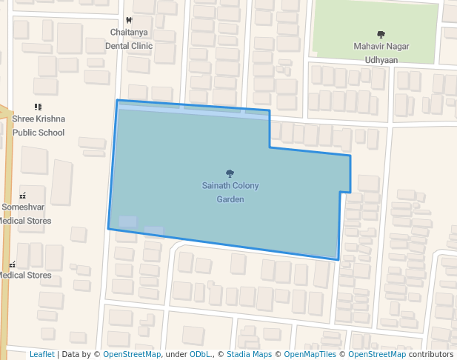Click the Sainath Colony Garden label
pos(230,193)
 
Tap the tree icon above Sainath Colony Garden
pos(230,173)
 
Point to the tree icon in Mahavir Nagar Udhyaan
pos(381,34)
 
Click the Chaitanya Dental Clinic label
pos(131,39)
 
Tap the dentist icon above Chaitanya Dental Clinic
pos(130,20)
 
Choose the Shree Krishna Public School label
pos(39,126)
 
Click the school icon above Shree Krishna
pos(38,107)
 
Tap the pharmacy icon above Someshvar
pos(22,196)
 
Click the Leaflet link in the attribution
pos(41,354)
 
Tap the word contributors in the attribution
pos(430,354)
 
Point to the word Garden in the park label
pos(230,199)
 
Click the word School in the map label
pos(50,133)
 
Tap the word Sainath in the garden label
pos(217,186)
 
